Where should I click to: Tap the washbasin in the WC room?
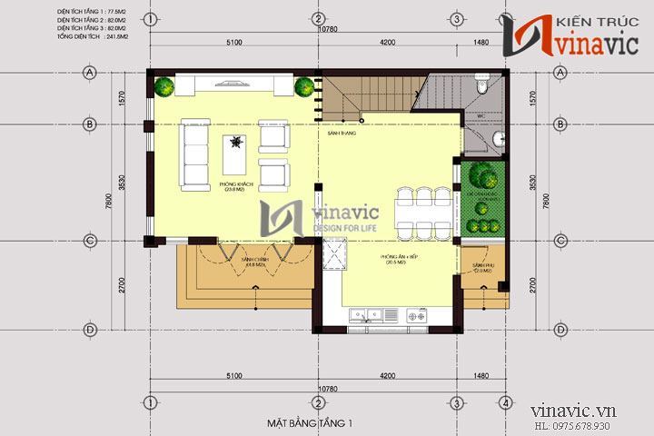[x=498, y=138]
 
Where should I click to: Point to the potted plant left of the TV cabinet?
[x=164, y=87]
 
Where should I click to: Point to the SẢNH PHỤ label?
[x=481, y=268]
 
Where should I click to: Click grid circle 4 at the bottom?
[x=504, y=402]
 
